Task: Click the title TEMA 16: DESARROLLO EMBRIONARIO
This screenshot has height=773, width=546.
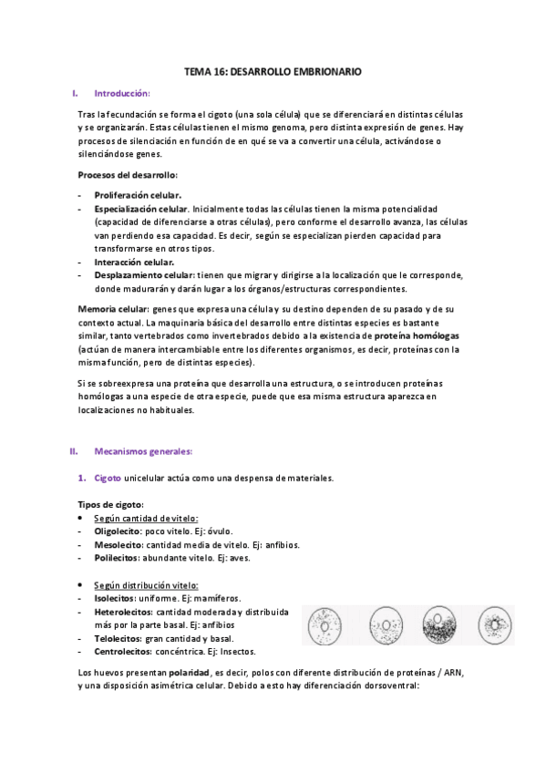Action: pyautogui.click(x=273, y=69)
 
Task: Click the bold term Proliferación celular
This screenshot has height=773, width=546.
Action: pyautogui.click(x=138, y=195)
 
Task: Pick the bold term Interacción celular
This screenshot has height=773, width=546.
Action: pyautogui.click(x=134, y=262)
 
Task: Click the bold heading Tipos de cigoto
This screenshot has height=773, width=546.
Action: pyautogui.click(x=110, y=505)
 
